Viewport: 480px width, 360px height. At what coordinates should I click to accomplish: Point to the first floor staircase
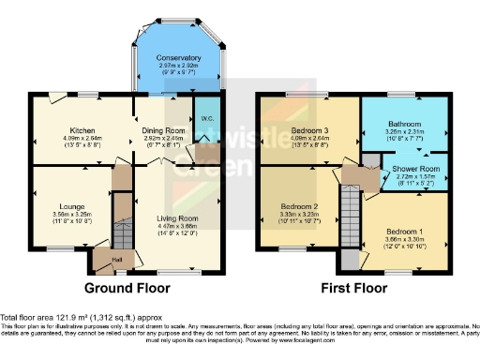pos(350,212)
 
